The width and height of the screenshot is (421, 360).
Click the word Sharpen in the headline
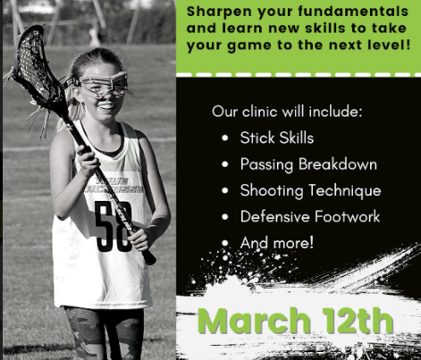pyautogui.click(x=220, y=12)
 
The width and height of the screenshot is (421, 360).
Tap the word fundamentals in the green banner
pyautogui.click(x=353, y=11)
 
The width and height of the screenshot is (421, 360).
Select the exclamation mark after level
pyautogui.click(x=408, y=45)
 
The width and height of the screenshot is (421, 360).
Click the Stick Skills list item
pyautogui.click(x=277, y=138)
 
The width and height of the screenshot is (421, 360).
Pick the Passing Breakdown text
pyautogui.click(x=308, y=164)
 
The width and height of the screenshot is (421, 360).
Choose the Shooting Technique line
pyautogui.click(x=310, y=190)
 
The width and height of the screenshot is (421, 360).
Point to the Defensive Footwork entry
pyautogui.click(x=310, y=216)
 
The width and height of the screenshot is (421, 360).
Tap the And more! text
pyautogui.click(x=277, y=242)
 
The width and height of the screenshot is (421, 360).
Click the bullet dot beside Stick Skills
pyautogui.click(x=225, y=138)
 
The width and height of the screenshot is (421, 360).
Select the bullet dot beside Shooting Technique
pyautogui.click(x=225, y=190)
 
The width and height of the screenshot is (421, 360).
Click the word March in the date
pyautogui.click(x=254, y=321)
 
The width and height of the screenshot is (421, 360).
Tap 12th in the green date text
pyautogui.click(x=358, y=320)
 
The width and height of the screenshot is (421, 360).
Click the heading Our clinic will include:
pyautogui.click(x=287, y=112)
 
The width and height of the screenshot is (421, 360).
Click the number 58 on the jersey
pyautogui.click(x=114, y=226)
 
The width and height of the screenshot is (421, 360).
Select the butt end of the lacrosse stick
pyautogui.click(x=149, y=258)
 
